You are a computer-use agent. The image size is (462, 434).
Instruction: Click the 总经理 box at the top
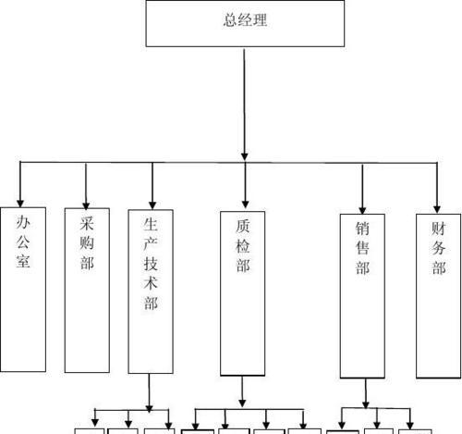245,23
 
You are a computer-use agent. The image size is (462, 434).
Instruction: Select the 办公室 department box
23,290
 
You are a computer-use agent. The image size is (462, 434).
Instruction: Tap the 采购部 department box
87,291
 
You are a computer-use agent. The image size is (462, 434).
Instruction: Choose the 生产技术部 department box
151,291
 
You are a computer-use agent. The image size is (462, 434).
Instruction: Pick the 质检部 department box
242,293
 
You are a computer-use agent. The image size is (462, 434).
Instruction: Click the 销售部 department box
362,296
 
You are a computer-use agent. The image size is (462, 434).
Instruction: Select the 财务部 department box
438,296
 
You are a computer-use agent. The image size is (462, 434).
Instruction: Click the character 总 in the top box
230,20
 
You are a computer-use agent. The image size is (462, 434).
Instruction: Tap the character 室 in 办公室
23,260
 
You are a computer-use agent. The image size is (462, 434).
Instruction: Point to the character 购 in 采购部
87,242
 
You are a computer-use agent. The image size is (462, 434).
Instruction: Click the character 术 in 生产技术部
151,282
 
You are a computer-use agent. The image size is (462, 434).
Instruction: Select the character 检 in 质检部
243,246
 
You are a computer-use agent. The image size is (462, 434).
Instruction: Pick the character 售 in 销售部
362,248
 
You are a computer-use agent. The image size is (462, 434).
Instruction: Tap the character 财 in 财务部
438,229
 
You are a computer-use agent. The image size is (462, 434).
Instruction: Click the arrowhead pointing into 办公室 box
20,204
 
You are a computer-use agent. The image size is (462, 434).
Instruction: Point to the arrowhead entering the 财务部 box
437,209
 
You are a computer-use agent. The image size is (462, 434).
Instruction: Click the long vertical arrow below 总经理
244,105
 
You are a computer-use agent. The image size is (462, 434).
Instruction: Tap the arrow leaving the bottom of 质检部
242,391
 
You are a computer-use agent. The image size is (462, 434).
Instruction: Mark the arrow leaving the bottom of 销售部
366,393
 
